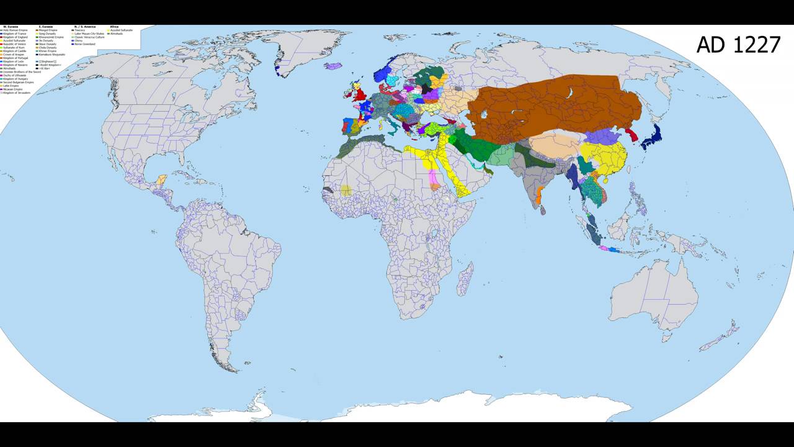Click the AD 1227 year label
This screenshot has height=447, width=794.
738,45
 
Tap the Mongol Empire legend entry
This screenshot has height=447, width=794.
47,30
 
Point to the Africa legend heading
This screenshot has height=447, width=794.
114,27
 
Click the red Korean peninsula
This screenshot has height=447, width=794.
633,135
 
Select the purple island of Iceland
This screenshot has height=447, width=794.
333,66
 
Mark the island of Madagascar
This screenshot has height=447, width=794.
465,279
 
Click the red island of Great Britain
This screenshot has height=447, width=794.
358,95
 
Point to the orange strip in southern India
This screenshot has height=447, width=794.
538,197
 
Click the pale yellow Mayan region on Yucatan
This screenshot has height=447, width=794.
162,180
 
